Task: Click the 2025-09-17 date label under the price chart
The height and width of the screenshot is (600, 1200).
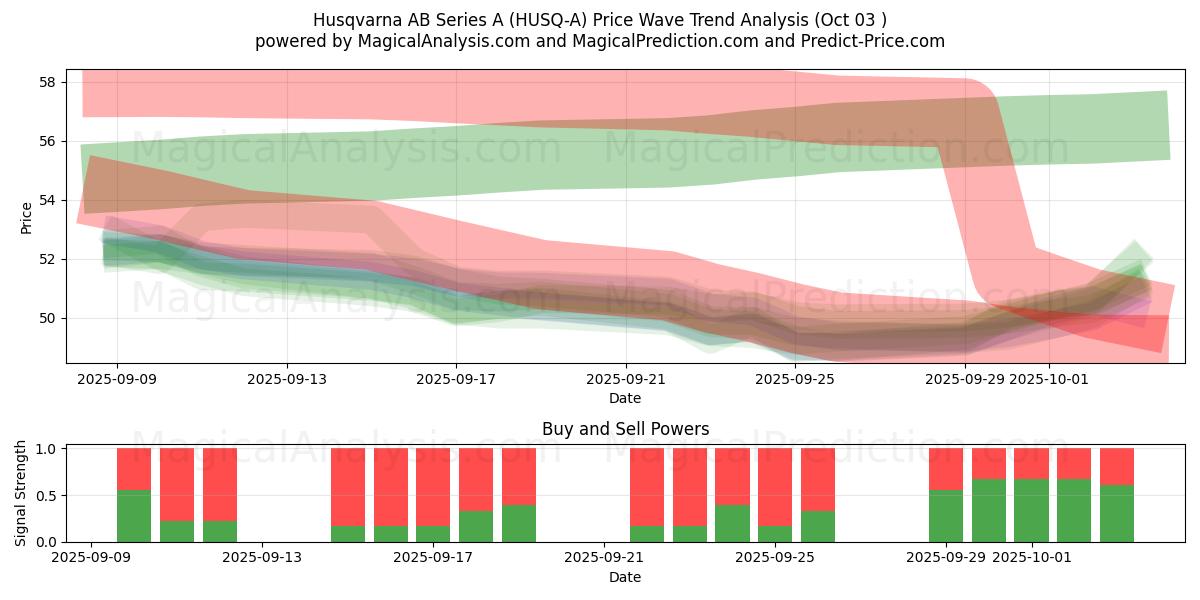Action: click(x=456, y=379)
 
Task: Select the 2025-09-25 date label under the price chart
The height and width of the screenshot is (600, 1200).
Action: click(x=795, y=379)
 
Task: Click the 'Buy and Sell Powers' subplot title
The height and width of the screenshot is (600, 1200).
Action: click(x=625, y=429)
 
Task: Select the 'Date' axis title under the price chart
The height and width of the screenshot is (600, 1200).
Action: click(x=625, y=398)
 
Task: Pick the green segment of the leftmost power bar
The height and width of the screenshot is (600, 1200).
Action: click(x=134, y=516)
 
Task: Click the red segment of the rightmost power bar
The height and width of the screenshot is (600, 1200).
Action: click(x=1117, y=466)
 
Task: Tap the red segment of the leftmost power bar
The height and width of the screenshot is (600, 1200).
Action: click(x=134, y=469)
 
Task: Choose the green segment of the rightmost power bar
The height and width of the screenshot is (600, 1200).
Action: click(x=1117, y=513)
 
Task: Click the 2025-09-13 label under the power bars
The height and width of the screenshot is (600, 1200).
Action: click(x=262, y=558)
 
